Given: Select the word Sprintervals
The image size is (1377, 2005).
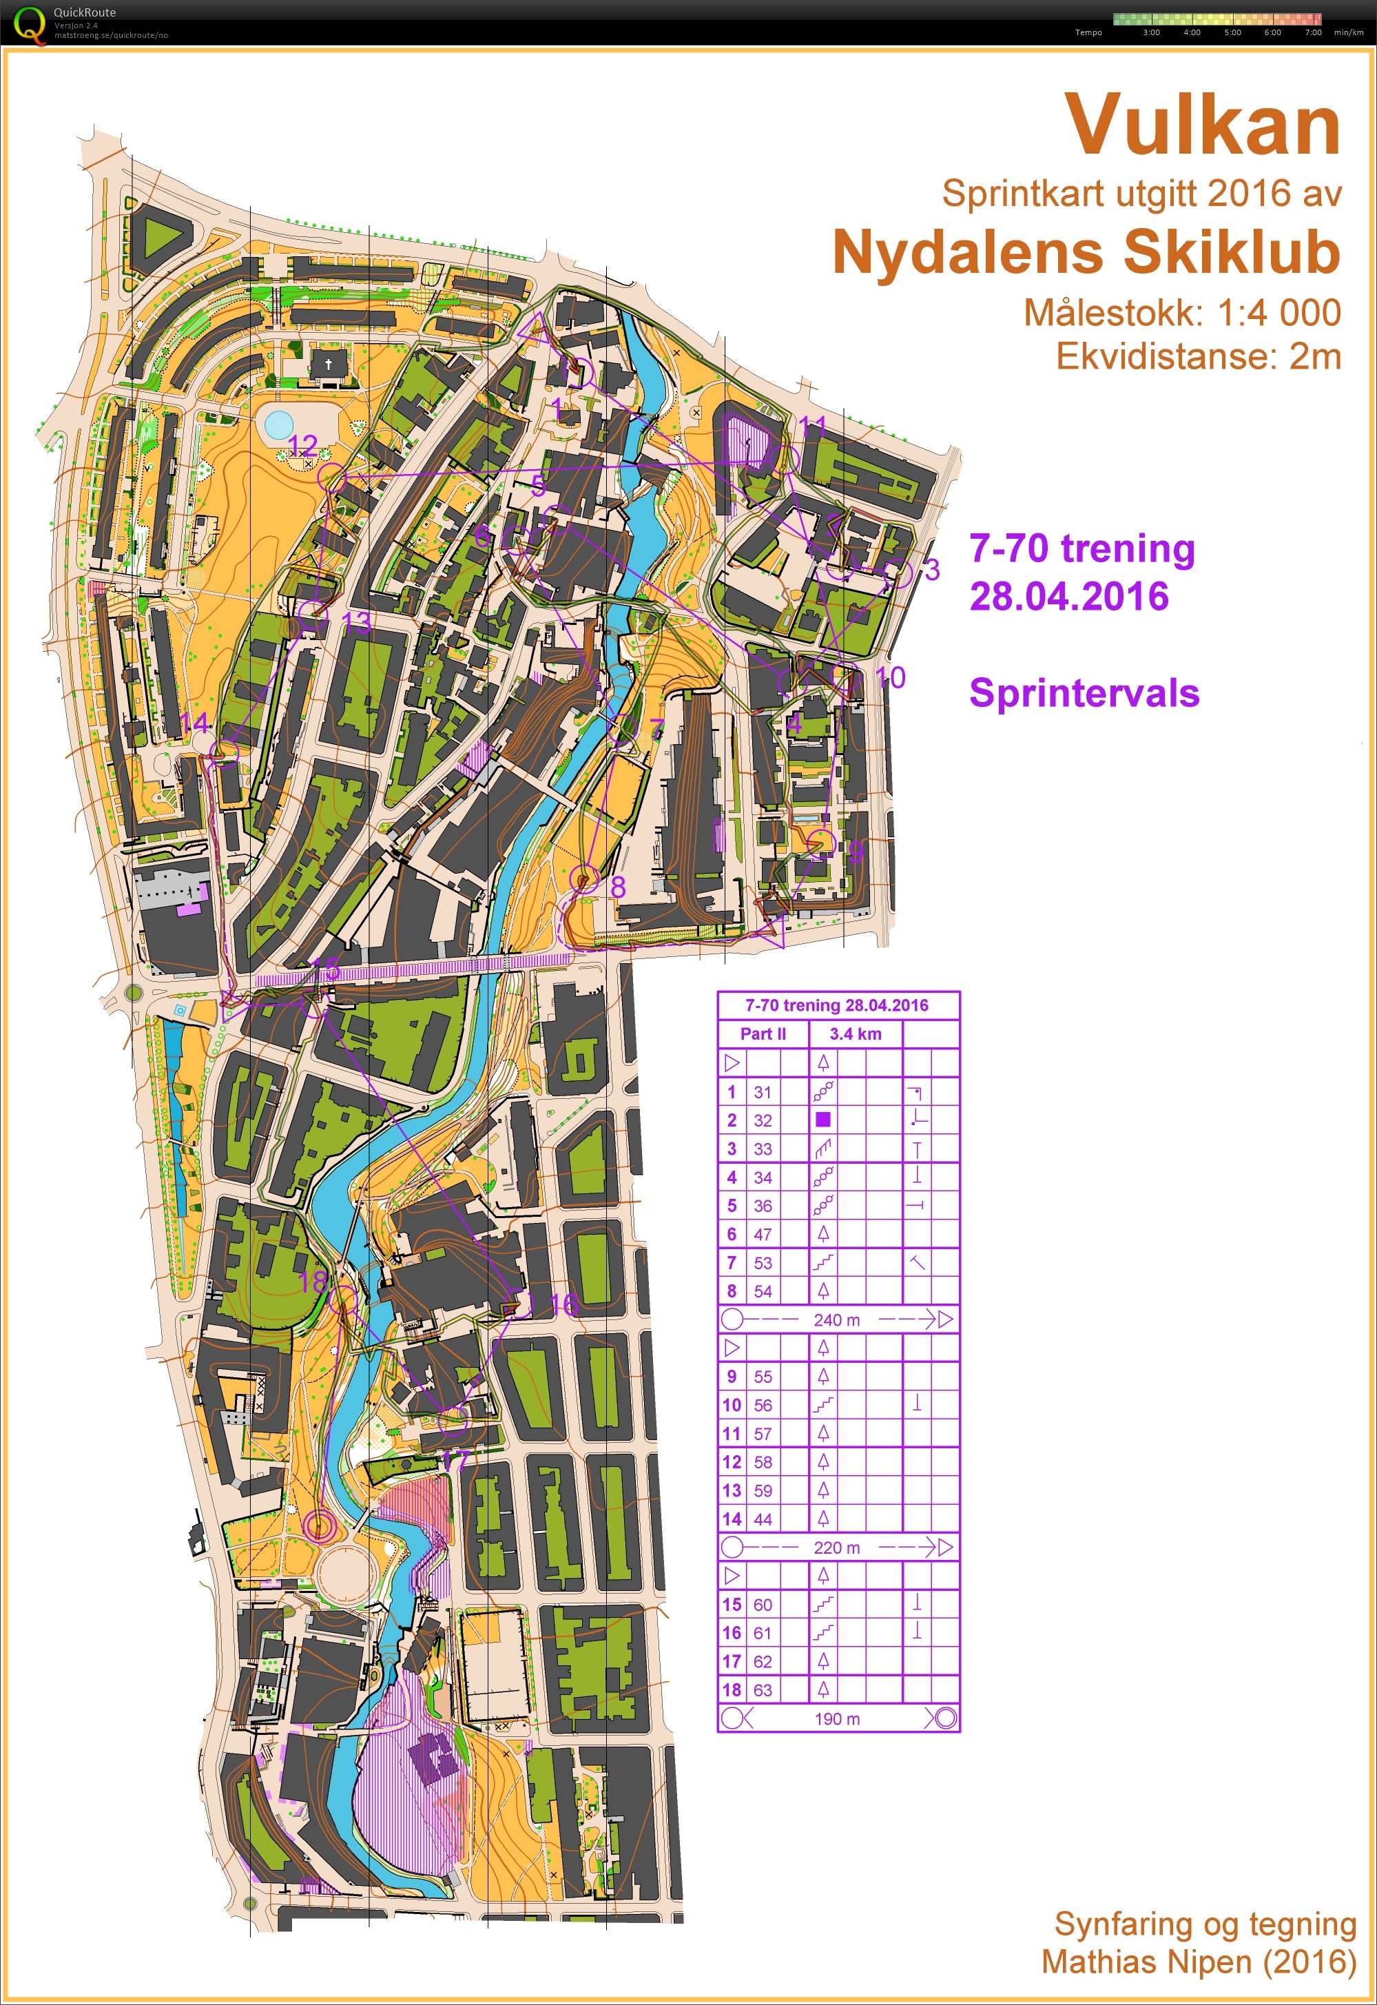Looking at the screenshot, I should [x=1084, y=692].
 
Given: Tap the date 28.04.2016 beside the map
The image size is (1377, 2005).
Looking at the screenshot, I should [x=1069, y=596].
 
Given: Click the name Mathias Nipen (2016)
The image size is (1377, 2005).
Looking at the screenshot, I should [x=1199, y=1961].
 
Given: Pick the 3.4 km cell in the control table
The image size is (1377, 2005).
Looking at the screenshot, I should [x=855, y=1034].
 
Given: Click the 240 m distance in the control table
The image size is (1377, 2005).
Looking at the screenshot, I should [x=836, y=1319].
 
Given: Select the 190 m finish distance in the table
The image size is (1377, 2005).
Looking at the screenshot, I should [x=836, y=1718].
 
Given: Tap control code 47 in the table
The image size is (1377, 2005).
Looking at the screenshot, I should [x=763, y=1234].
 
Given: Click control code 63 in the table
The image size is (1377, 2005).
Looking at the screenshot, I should [x=763, y=1690].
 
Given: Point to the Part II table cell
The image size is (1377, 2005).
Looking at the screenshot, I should [x=763, y=1034].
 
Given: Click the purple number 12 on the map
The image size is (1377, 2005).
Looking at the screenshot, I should [x=303, y=445].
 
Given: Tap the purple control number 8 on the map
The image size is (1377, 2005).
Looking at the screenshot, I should [x=618, y=886].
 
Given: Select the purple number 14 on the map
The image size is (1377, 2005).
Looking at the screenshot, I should [x=195, y=723].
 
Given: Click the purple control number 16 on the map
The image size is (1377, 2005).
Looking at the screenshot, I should [x=563, y=1304].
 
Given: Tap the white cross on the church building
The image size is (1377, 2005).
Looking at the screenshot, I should [x=328, y=364].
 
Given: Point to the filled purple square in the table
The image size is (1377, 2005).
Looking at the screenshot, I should [x=823, y=1120].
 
